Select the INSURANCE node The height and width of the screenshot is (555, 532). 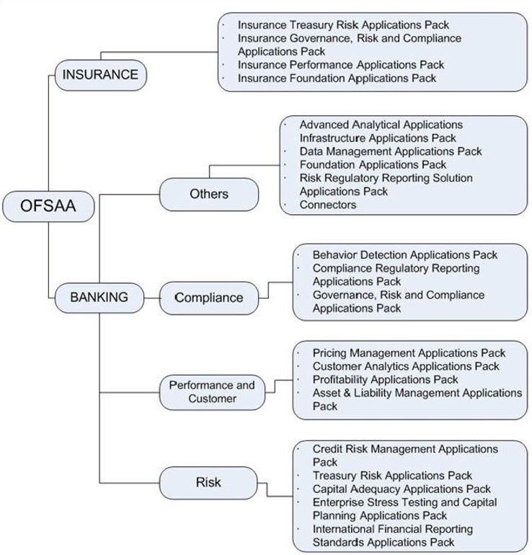click(x=100, y=75)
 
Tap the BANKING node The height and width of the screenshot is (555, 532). click(x=99, y=297)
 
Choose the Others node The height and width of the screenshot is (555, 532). click(x=208, y=194)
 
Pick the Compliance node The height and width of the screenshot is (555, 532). click(x=208, y=298)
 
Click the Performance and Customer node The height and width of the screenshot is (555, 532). click(x=212, y=392)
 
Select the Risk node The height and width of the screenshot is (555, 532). click(x=208, y=482)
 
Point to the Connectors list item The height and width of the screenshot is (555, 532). click(x=328, y=205)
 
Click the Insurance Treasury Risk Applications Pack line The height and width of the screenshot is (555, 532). click(x=343, y=25)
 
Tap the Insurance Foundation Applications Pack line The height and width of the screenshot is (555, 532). click(x=337, y=78)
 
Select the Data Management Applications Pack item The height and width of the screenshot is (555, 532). click(x=391, y=151)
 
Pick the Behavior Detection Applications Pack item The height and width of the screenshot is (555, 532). click(x=404, y=255)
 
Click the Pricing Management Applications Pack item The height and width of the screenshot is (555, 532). click(x=409, y=353)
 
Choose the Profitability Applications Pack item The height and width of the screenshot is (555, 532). click(x=385, y=380)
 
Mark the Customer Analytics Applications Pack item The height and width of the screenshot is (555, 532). click(x=406, y=366)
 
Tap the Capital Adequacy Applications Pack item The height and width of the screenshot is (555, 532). click(x=402, y=489)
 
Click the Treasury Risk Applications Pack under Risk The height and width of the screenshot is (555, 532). click(x=392, y=476)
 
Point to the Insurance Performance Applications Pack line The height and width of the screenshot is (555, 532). click(x=341, y=65)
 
